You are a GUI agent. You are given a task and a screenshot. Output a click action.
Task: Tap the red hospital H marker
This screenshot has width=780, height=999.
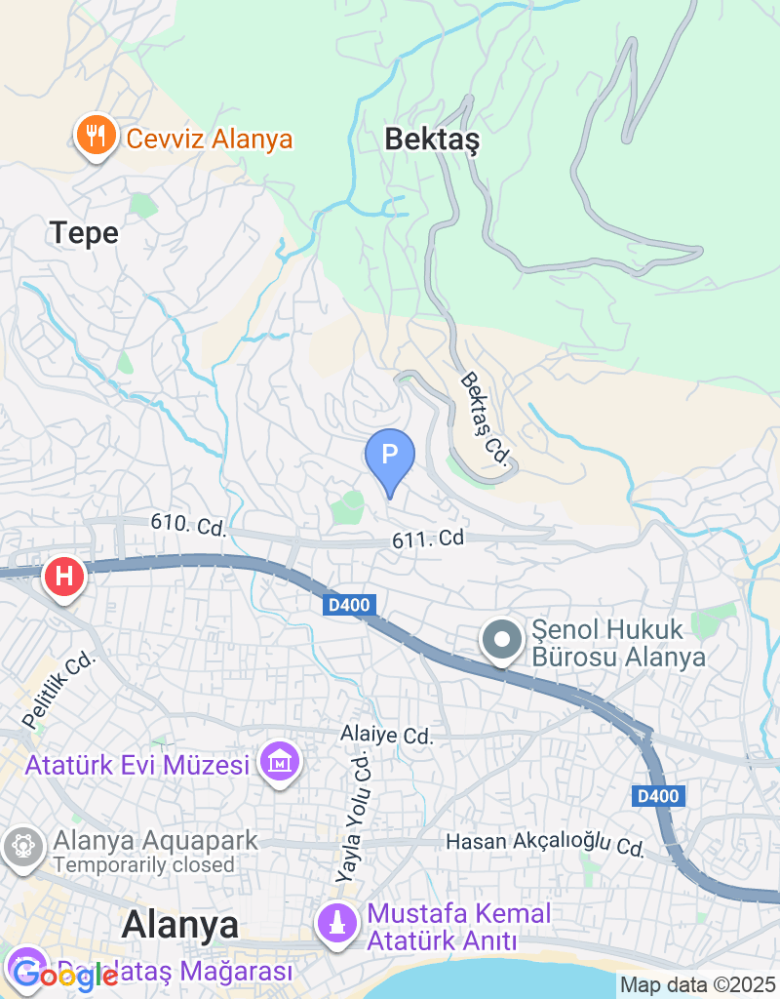[x=64, y=576]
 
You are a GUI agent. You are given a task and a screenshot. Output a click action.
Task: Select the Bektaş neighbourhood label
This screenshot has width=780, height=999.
[x=432, y=140]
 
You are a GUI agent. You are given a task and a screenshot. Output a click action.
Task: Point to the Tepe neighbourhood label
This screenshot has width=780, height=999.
[x=84, y=233]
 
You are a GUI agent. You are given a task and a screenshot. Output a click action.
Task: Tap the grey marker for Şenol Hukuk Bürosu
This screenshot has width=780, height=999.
[x=503, y=641]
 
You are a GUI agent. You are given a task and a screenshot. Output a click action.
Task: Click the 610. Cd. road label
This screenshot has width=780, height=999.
[x=188, y=526]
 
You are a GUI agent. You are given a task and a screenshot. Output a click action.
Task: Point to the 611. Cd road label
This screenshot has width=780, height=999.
[x=428, y=538]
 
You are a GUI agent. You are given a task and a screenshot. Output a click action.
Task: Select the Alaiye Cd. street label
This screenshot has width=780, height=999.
[x=386, y=736]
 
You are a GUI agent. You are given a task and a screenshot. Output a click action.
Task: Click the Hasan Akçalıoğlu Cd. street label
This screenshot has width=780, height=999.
[x=545, y=845]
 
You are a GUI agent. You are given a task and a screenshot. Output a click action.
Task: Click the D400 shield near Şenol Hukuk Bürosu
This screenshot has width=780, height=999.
[x=348, y=606]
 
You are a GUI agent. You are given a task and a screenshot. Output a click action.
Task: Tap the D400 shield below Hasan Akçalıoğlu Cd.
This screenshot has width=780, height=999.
[x=658, y=796]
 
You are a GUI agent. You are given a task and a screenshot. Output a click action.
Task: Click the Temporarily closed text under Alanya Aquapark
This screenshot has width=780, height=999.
[x=144, y=865]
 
